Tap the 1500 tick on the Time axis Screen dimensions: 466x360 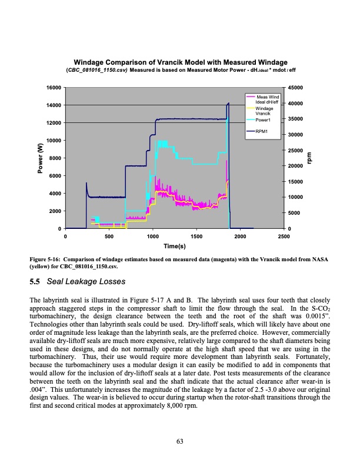[x=196, y=237]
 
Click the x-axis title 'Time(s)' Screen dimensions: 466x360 [x=175, y=245]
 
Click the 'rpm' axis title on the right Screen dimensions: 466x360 [x=311, y=158]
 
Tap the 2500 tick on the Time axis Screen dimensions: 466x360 [x=284, y=237]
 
